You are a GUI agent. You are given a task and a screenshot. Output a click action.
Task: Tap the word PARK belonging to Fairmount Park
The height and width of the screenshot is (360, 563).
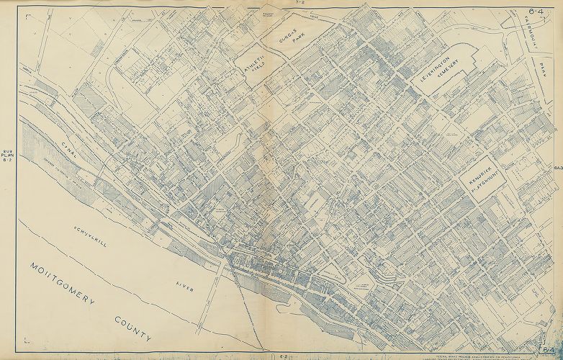(550, 75)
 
